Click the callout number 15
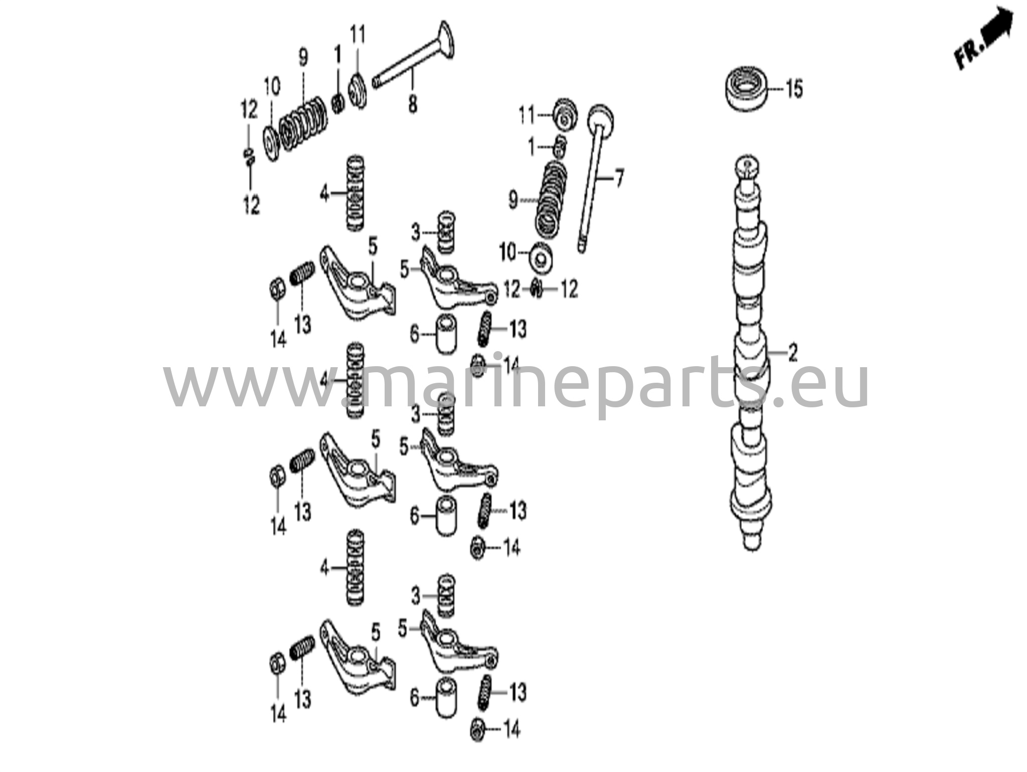coord(794,89)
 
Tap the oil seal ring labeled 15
coord(748,90)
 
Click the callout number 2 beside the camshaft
coord(792,353)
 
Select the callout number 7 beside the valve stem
coord(619,179)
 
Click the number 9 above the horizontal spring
coord(303,58)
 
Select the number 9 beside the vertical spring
coord(512,200)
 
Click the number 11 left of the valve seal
coord(527,116)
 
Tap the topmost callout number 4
coord(324,194)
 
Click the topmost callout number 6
coord(414,334)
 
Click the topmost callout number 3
coord(415,233)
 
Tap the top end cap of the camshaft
coord(747,165)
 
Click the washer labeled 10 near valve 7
coord(541,257)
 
